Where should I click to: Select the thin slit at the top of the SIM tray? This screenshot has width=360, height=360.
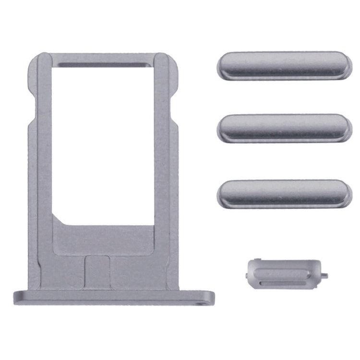coord(103,63)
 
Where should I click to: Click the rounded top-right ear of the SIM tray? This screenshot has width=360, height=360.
coord(172,67)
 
